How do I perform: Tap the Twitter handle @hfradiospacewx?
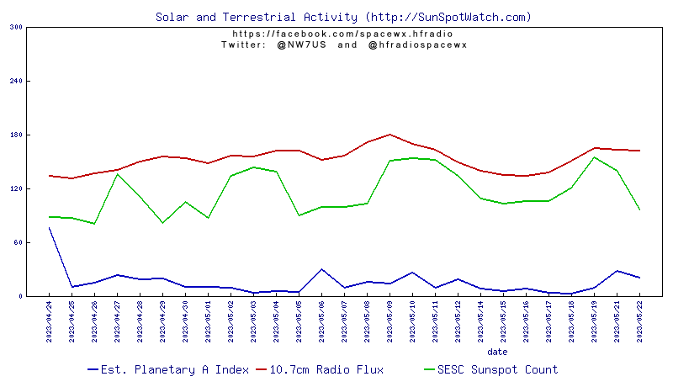click(x=417, y=45)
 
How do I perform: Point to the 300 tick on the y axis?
click(x=16, y=27)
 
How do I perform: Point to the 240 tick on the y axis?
click(x=16, y=81)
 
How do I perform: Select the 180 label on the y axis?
click(x=16, y=135)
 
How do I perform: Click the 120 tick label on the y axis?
click(x=16, y=188)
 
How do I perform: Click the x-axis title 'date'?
click(x=497, y=351)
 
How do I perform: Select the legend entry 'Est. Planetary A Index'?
click(x=168, y=369)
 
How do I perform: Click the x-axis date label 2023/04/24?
click(x=49, y=321)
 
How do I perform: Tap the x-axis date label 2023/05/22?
click(x=640, y=321)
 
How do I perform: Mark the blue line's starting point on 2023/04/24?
click(x=49, y=228)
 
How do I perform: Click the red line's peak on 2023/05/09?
click(x=389, y=135)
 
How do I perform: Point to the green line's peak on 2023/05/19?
click(x=594, y=157)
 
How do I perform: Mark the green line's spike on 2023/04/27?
click(x=117, y=174)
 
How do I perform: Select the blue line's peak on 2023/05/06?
click(x=321, y=269)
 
